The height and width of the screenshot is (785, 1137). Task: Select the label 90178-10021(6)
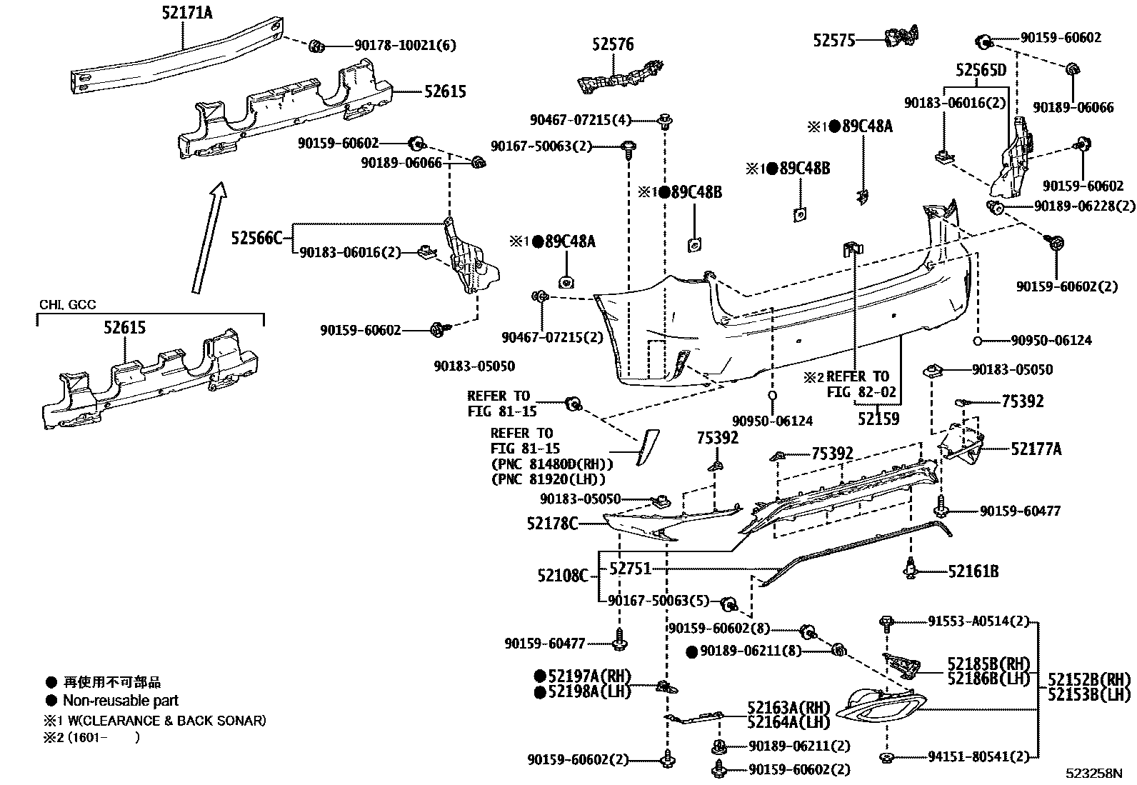(x=405, y=45)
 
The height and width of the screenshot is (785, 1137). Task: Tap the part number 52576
(x=612, y=45)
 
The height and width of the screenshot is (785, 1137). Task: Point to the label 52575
(x=833, y=41)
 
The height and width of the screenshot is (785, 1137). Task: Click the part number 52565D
(x=981, y=70)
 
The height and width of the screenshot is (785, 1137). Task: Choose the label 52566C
(x=257, y=238)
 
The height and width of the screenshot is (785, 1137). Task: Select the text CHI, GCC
(x=67, y=305)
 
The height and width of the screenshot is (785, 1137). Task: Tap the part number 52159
(x=878, y=419)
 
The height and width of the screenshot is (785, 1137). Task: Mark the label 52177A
(x=1036, y=449)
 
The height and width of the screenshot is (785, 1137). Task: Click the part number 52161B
(x=973, y=571)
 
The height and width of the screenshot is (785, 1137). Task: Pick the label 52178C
(x=552, y=524)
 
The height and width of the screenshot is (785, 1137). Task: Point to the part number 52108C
(x=563, y=574)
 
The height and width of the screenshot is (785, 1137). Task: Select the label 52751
(x=630, y=569)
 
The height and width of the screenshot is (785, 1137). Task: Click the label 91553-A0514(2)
(x=978, y=621)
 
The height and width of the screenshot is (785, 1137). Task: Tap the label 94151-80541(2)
(x=978, y=756)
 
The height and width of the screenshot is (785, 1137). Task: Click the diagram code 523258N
(x=1094, y=773)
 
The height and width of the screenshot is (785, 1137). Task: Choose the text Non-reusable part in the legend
(x=120, y=701)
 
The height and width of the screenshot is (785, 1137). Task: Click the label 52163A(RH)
(x=788, y=707)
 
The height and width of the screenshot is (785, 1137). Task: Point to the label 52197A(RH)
(x=589, y=676)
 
